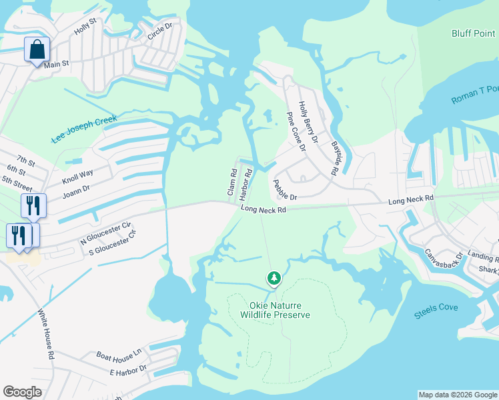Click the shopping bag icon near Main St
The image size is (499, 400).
tap(37, 49)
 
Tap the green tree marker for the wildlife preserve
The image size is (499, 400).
tap(273, 277)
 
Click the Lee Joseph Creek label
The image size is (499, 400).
tap(83, 129)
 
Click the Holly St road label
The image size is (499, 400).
tap(86, 28)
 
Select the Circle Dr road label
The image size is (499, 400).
tap(160, 31)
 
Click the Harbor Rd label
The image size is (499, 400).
tap(246, 182)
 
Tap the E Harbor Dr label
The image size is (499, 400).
tap(128, 369)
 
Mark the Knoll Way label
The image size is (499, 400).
tap(78, 177)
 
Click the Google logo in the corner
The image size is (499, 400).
tap(23, 392)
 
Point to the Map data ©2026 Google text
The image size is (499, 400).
tap(458, 395)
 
